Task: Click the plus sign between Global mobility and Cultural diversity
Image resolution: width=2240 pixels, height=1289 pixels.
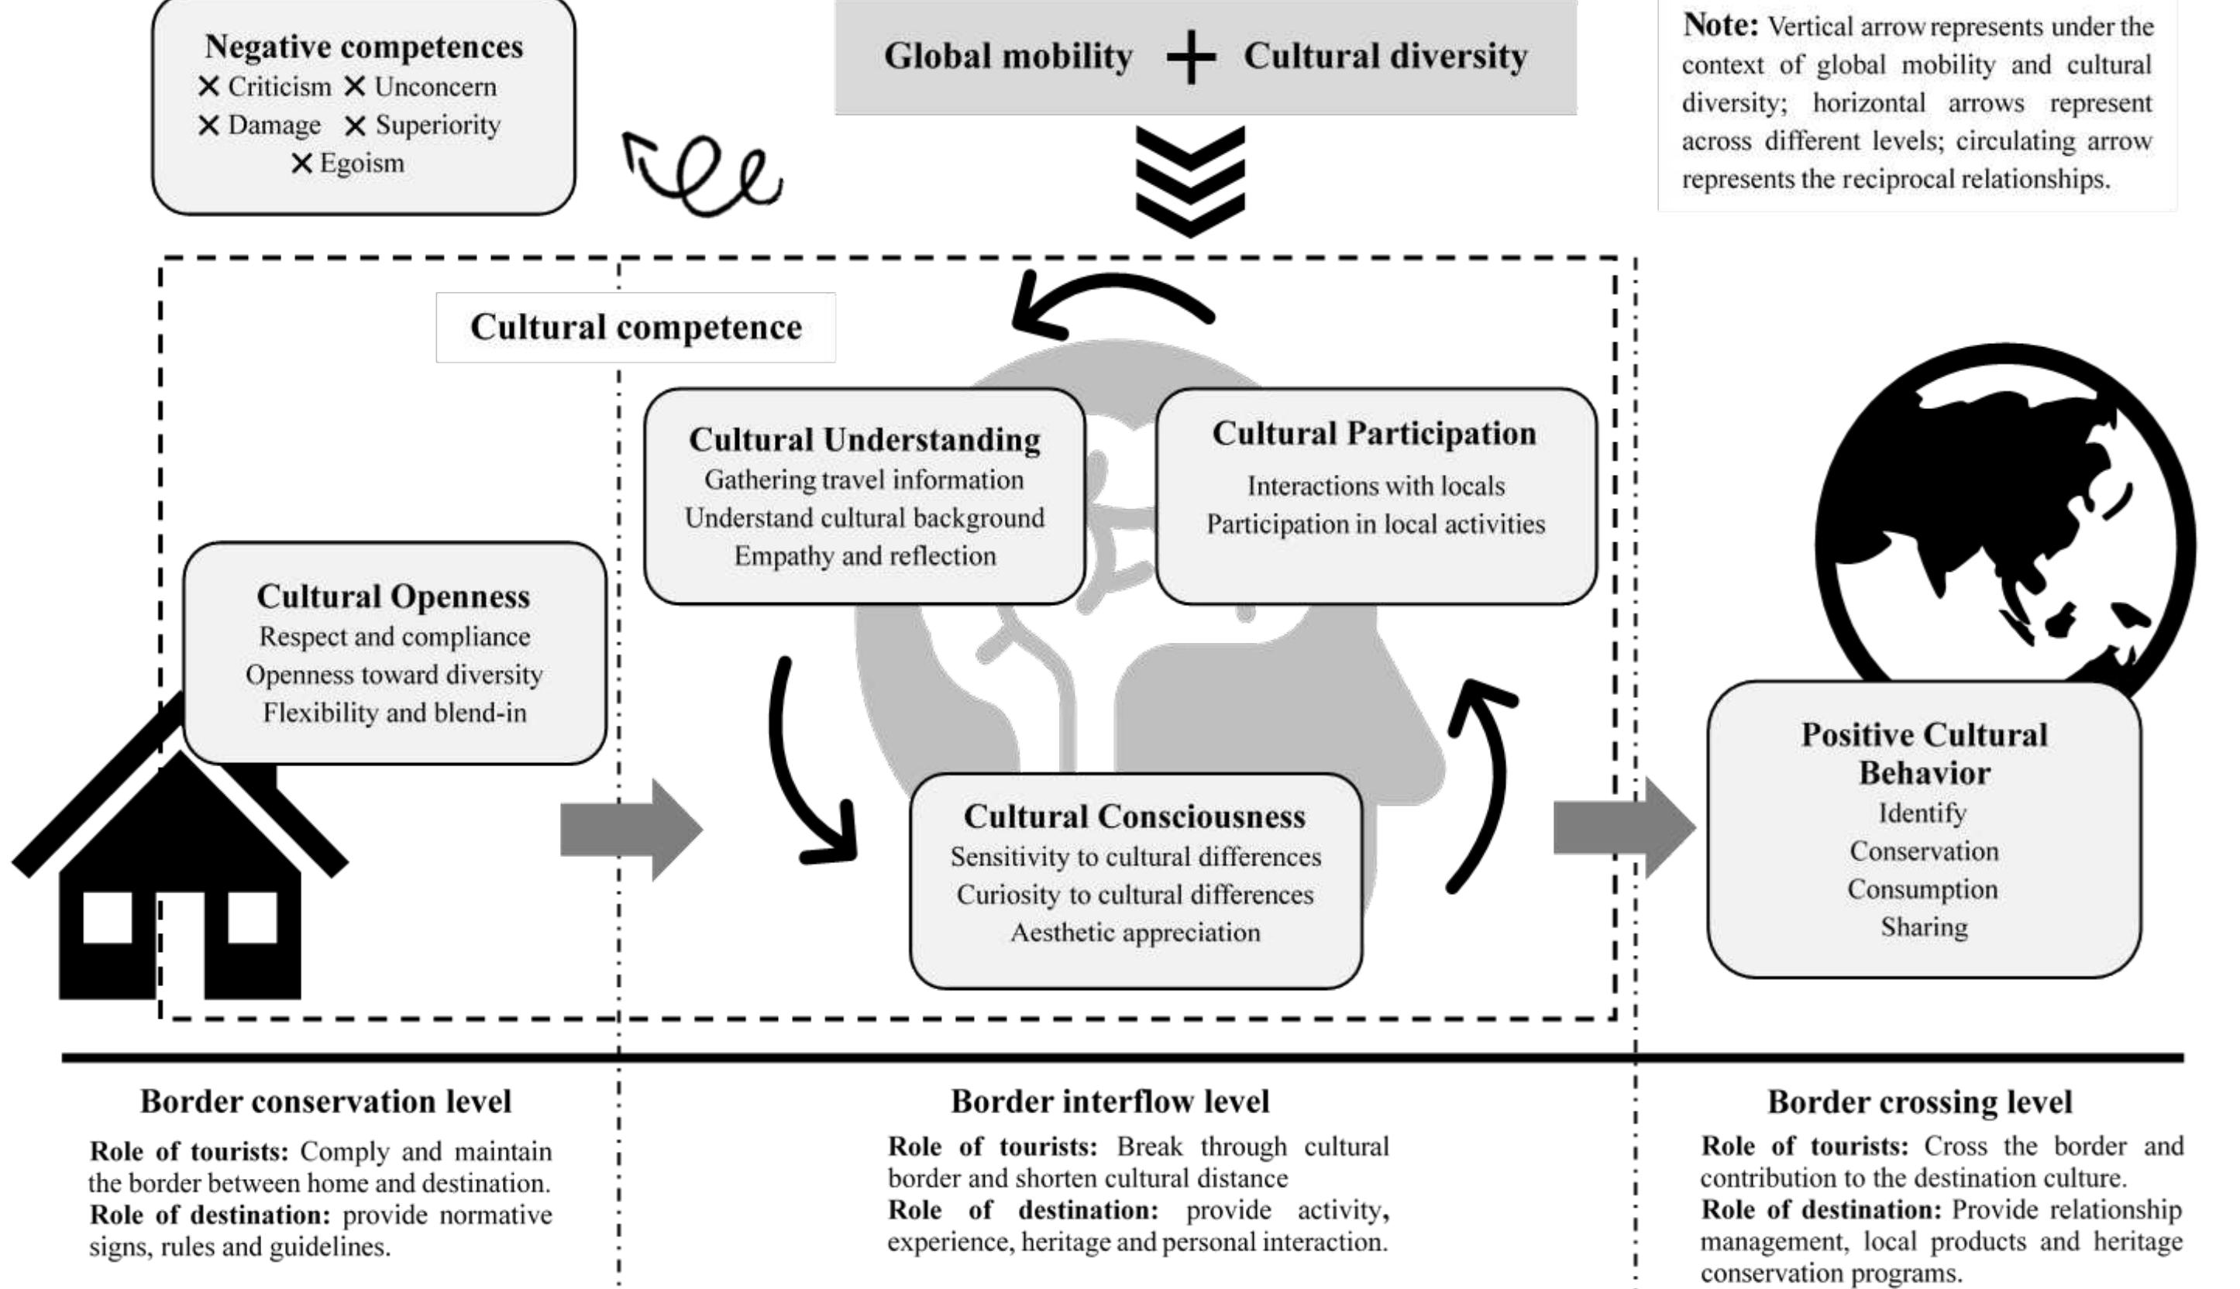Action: click(x=1190, y=57)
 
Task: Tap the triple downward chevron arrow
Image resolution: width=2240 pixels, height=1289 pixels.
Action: click(x=1190, y=181)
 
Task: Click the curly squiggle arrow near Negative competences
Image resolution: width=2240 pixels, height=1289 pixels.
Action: click(x=704, y=173)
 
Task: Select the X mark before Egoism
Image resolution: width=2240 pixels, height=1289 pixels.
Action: click(x=302, y=163)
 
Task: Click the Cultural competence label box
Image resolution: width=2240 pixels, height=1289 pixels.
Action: click(x=635, y=327)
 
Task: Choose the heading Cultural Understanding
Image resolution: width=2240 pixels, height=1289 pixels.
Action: click(x=864, y=439)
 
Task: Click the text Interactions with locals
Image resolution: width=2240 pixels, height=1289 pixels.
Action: click(x=1375, y=485)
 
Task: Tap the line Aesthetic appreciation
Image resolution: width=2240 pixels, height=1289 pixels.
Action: click(x=1135, y=932)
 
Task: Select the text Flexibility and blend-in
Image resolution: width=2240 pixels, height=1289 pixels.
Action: click(x=394, y=713)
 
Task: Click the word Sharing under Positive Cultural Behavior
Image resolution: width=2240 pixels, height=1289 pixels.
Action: click(x=1924, y=927)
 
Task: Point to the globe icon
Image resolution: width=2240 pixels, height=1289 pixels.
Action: click(x=2004, y=522)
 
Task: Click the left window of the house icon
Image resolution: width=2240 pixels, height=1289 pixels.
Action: click(x=107, y=917)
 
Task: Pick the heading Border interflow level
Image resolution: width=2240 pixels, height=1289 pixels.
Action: click(x=1110, y=1102)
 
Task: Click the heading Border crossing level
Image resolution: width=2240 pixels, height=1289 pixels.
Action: click(x=1919, y=1102)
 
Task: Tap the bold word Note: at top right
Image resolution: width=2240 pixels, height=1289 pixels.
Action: click(x=1719, y=25)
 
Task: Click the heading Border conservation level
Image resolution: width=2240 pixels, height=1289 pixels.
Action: click(x=326, y=1102)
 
